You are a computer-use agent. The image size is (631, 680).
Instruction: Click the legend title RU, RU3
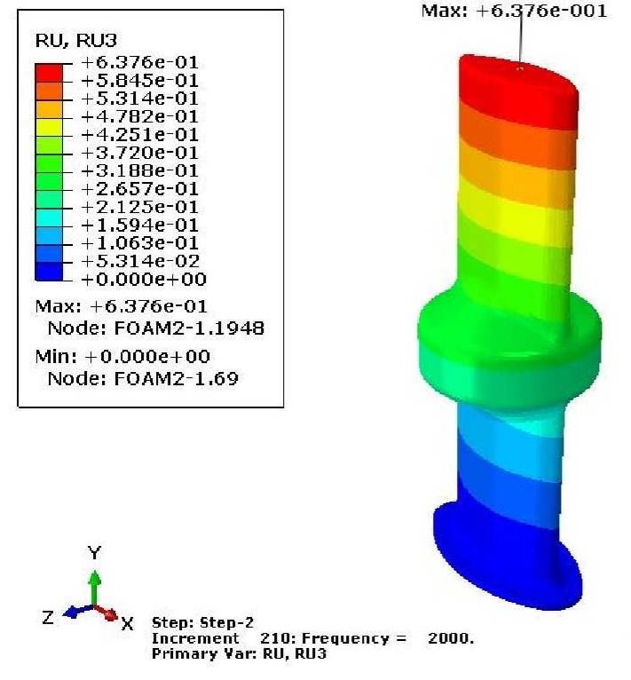pos(64,39)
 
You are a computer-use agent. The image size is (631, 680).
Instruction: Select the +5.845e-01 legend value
pos(139,80)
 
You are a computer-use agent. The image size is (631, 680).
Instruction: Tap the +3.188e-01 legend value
pos(139,170)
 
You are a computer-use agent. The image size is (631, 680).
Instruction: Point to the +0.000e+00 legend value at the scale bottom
pos(143,280)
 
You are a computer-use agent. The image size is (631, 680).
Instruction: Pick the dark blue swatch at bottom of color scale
pos(50,271)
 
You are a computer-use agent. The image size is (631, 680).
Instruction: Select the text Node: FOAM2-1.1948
pos(155,328)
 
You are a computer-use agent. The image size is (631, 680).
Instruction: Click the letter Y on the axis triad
pos(94,553)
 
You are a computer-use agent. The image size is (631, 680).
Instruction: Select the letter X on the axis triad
pos(127,623)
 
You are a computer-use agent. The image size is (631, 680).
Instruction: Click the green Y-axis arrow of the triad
pos(93,586)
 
